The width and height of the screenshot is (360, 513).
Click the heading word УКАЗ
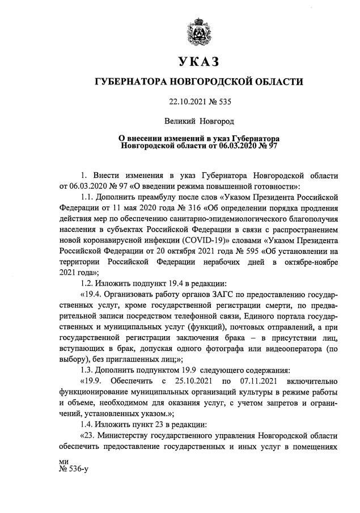pyautogui.click(x=198, y=61)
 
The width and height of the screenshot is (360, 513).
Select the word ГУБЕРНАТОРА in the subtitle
pyautogui.click(x=128, y=83)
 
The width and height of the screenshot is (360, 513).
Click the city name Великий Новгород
pyautogui.click(x=198, y=121)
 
